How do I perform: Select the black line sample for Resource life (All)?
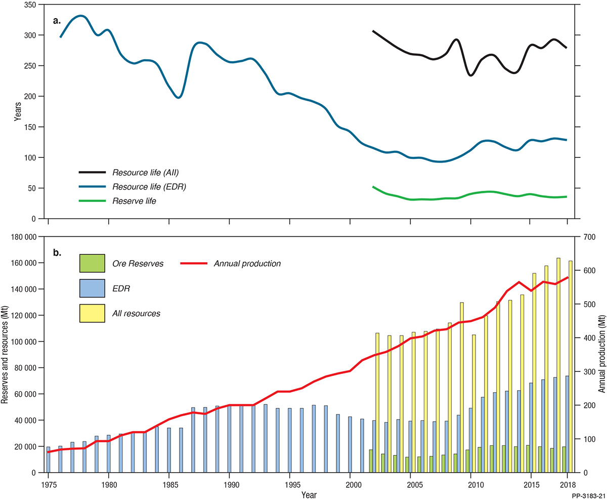[92, 173]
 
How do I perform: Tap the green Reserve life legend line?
[92, 201]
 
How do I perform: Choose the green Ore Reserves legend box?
[92, 263]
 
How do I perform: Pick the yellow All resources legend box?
[92, 313]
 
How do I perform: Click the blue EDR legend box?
[92, 288]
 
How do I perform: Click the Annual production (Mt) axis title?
[601, 354]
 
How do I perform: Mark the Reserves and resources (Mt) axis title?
[6, 354]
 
